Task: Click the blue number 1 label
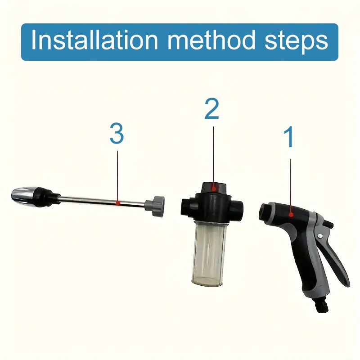(290, 138)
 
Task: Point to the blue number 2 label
(212, 109)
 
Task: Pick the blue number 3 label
(117, 135)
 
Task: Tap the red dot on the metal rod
(117, 203)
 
